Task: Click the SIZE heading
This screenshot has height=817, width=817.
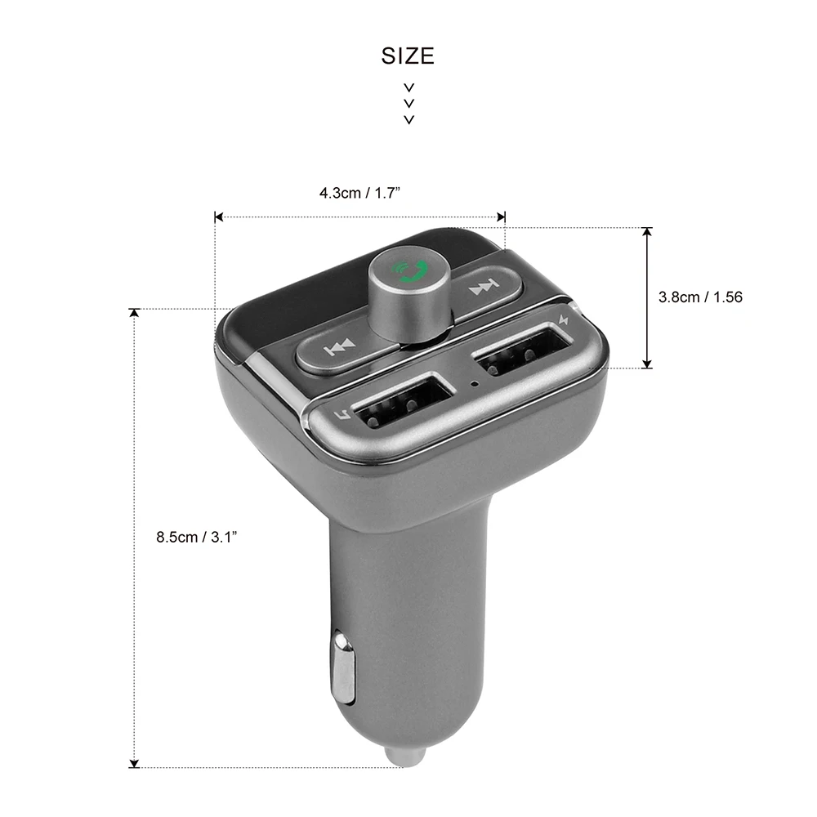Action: pyautogui.click(x=408, y=56)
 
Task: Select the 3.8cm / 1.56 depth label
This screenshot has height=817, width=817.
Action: pyautogui.click(x=700, y=297)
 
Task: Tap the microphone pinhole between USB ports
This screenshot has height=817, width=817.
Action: pyautogui.click(x=474, y=382)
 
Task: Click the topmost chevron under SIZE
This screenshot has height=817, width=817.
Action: pyautogui.click(x=408, y=87)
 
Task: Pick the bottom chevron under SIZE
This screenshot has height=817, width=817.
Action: pyautogui.click(x=408, y=119)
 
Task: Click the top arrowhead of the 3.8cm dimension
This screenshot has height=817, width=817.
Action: pyautogui.click(x=647, y=232)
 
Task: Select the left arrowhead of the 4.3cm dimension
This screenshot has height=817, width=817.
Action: pyautogui.click(x=219, y=217)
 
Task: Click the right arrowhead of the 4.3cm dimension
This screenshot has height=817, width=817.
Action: pyautogui.click(x=501, y=217)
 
